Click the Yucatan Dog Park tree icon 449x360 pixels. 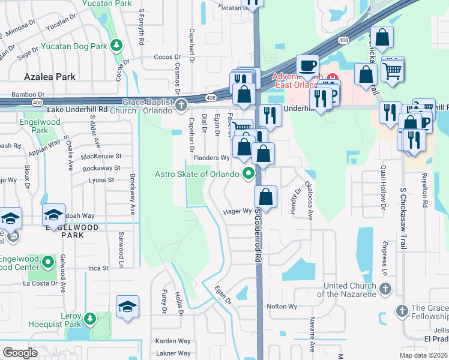(x=117, y=46)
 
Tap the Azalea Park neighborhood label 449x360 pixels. (x=50, y=77)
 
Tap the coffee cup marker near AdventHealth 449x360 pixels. (x=308, y=65)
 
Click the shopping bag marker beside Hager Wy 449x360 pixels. (x=265, y=196)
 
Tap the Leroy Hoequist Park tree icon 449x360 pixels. (x=90, y=317)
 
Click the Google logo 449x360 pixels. (x=20, y=353)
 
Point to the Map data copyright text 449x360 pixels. (x=423, y=355)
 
